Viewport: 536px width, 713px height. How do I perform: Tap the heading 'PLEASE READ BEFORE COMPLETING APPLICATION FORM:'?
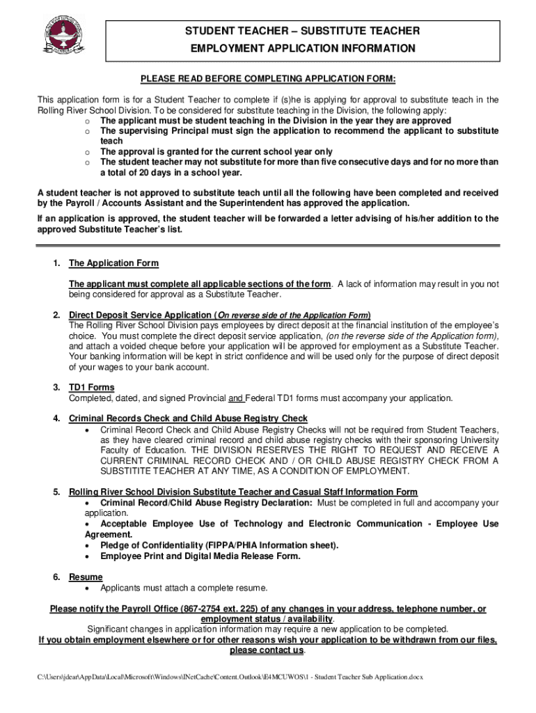[x=268, y=78]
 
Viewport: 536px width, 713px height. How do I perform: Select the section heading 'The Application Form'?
[x=113, y=263]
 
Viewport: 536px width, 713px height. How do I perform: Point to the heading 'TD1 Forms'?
[x=92, y=387]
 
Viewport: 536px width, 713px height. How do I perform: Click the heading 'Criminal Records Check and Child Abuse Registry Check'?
[x=188, y=418]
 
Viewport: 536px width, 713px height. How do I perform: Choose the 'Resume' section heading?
[x=86, y=577]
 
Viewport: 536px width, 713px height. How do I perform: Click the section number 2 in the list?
[x=56, y=315]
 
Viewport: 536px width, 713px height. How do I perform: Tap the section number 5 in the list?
[x=56, y=492]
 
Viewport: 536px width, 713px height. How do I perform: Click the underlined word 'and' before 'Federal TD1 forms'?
[x=236, y=398]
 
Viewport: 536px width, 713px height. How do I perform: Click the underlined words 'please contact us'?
[x=267, y=650]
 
